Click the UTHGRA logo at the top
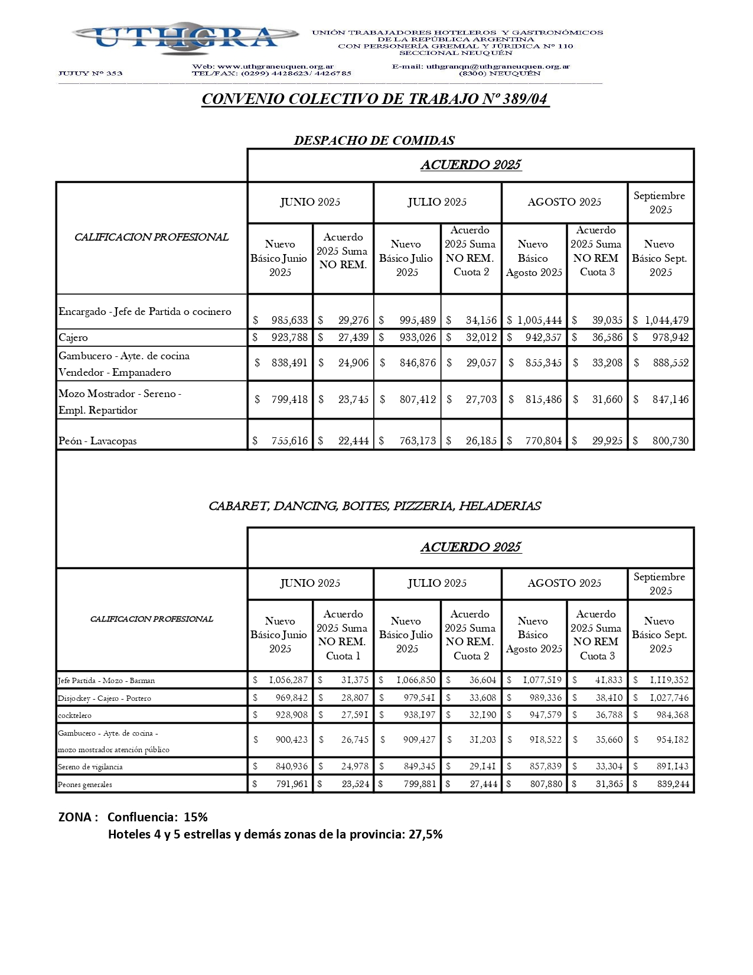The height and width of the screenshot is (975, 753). coord(185,37)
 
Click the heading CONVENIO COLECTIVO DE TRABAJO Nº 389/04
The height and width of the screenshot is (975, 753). coord(375,99)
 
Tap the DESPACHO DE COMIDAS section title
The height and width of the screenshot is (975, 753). coord(374,141)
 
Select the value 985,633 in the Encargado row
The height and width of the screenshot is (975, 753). coord(289,320)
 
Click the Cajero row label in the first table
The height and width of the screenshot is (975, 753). coord(73,338)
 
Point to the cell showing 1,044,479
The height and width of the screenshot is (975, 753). coord(666,320)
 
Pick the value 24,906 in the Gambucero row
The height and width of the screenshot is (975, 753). coord(353,363)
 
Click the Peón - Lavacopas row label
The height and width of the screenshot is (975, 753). coord(97,441)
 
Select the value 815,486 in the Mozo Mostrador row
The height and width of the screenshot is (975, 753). coord(543,399)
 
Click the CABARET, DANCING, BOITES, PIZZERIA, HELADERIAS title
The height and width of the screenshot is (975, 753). coord(374,506)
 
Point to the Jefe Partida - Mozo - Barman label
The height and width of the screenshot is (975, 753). coord(106,681)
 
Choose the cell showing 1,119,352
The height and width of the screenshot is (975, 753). coord(669,680)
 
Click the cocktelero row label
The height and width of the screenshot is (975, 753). coord(75,716)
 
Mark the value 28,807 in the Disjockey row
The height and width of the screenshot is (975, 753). coord(354,698)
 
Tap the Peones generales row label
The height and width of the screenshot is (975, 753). coord(85,785)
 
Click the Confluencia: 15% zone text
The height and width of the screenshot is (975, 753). coord(158,817)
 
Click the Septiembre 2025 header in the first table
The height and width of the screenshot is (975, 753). coord(660,203)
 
